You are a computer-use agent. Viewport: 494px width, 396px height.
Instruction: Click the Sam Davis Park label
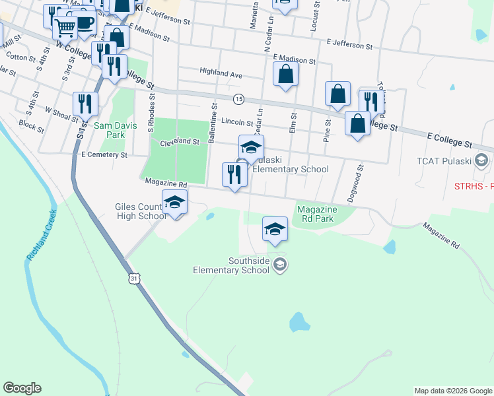coord(110,130)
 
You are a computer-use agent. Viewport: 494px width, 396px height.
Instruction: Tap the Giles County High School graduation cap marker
coord(175,202)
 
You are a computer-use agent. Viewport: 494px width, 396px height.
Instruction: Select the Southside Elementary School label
coord(231,265)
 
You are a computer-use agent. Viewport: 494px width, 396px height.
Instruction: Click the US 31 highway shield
coord(135,280)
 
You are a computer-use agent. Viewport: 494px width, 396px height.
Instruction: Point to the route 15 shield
coord(238,98)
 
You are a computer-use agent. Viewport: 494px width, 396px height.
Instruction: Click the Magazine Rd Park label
coord(316,214)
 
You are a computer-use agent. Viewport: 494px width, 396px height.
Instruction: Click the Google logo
coord(22,388)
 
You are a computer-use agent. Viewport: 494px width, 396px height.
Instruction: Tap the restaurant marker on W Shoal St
coord(85,104)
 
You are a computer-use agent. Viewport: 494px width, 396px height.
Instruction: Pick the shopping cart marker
coord(65,28)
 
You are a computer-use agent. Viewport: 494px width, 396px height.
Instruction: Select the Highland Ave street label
coord(221,75)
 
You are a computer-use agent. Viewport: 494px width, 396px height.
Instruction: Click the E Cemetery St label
coord(104,155)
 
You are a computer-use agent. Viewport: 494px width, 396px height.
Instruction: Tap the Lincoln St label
coord(237,122)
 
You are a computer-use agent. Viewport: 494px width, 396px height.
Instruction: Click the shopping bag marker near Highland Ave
coord(286,75)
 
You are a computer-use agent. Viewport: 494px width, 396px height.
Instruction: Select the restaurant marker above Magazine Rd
coord(234,175)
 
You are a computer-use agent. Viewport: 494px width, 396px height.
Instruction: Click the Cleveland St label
coord(179,141)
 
